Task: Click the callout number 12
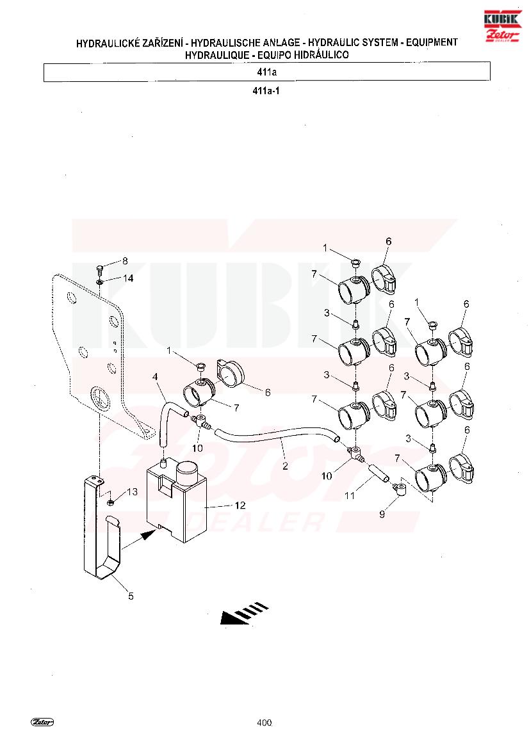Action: pos(240,505)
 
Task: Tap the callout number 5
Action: pos(131,596)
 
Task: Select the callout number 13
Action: pos(132,492)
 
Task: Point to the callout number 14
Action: pos(128,278)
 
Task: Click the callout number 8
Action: pos(125,261)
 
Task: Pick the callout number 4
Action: pos(155,377)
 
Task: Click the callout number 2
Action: pos(285,466)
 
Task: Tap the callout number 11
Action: pos(350,496)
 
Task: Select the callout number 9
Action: pos(382,514)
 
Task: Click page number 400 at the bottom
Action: pos(264,722)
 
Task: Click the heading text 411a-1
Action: pos(266,90)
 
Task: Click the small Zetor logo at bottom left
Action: pos(42,722)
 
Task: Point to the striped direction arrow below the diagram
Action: pos(244,614)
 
